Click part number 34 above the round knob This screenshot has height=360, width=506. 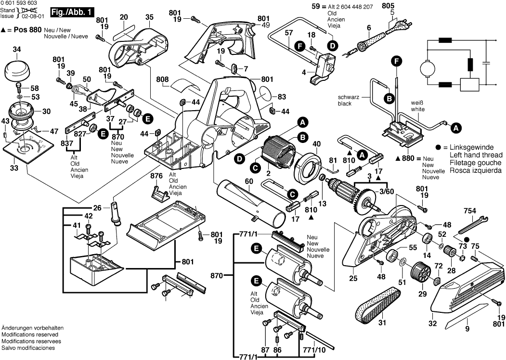tap(17, 49)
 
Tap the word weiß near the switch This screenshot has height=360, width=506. tap(417, 103)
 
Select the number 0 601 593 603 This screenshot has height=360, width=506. tap(19, 3)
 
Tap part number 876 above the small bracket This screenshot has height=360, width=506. tap(156, 176)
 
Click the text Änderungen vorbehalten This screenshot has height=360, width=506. tap(33, 328)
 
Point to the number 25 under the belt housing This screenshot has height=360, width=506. tap(353, 278)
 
